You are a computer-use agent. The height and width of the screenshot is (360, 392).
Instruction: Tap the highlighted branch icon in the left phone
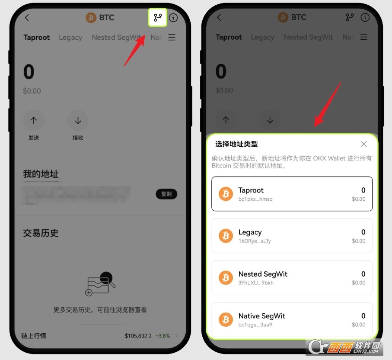point(157,18)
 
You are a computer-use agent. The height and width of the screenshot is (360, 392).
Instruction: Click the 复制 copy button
point(166,194)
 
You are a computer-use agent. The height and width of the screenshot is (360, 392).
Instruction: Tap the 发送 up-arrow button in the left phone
point(34,121)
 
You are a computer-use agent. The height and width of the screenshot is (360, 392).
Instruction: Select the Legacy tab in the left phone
point(70,38)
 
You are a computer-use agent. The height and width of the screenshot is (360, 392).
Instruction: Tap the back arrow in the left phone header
point(27,18)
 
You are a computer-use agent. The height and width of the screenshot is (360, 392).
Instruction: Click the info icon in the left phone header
point(173,18)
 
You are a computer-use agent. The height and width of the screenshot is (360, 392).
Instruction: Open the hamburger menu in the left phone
point(172,38)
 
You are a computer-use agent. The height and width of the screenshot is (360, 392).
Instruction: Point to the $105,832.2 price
point(138,335)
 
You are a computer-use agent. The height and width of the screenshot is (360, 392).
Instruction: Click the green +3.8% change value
point(163,335)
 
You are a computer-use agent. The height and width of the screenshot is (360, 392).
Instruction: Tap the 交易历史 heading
point(41,233)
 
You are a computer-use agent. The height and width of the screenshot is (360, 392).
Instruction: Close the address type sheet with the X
point(363,144)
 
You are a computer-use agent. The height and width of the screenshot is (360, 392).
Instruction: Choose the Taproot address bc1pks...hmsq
point(292,194)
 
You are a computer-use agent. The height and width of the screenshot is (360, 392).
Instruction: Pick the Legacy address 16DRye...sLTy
point(292,236)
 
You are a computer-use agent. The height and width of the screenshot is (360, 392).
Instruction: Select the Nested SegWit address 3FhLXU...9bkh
point(292,278)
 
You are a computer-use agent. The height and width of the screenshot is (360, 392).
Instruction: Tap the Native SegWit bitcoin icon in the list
point(226,319)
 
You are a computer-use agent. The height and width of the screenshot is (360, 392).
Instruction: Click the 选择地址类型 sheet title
point(236,144)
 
